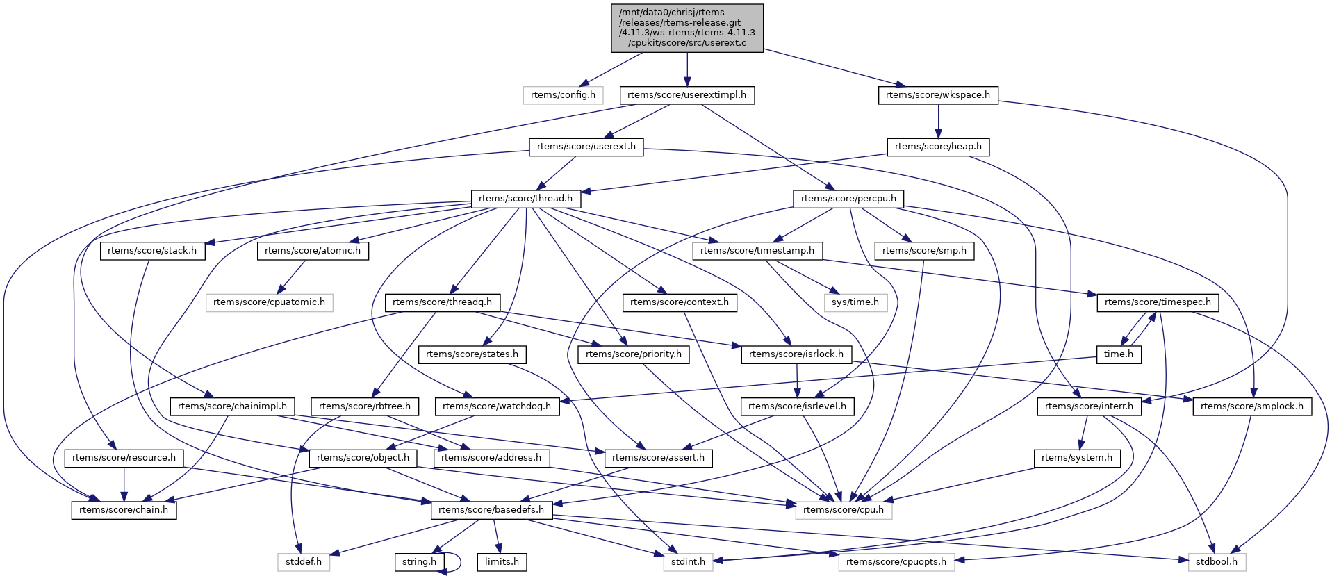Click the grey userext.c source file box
pos(687,28)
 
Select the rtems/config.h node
pos(563,95)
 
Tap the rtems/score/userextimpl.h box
pos(686,95)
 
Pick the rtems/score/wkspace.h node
pos(938,95)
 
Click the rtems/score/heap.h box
pos(938,147)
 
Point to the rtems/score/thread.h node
pos(526,199)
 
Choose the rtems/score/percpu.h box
pos(848,199)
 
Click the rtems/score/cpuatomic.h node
pos(269,302)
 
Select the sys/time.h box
pos(855,302)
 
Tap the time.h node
pos(1119,354)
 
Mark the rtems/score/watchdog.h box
pos(497,406)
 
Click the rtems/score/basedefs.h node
pos(491,510)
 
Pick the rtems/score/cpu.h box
pos(844,510)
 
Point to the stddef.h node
pos(304,562)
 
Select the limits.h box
pos(502,562)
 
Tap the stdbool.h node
pos(1217,562)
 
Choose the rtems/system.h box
pos(1077,458)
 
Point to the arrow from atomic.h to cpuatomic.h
pos(292,277)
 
